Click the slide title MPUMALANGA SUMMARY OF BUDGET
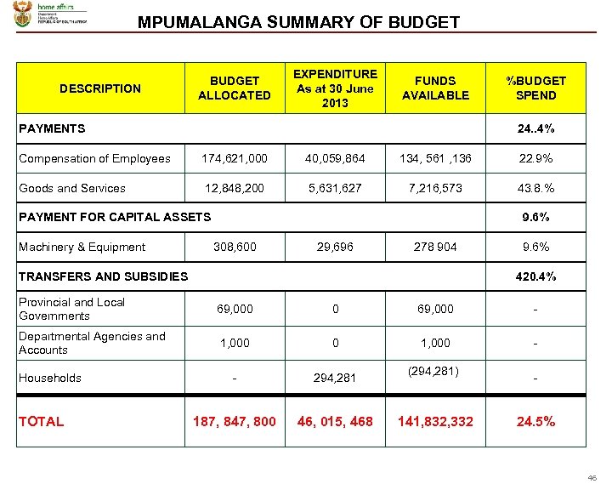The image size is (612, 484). (298, 22)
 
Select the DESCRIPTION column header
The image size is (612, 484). (100, 88)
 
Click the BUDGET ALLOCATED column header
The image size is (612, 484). (234, 88)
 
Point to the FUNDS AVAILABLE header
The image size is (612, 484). (435, 88)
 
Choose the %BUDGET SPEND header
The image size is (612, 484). (535, 88)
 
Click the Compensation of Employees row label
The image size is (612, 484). (94, 158)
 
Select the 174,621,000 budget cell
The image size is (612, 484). (234, 158)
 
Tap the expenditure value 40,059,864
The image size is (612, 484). (335, 158)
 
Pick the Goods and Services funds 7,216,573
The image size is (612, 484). (435, 188)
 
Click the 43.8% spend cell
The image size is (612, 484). (535, 188)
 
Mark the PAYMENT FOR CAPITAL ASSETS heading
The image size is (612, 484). (114, 217)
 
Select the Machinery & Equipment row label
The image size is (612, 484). (82, 247)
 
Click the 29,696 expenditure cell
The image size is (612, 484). (335, 247)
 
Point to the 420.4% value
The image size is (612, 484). (535, 276)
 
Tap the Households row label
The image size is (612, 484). (50, 378)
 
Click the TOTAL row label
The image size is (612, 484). (41, 421)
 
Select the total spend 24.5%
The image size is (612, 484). (535, 421)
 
